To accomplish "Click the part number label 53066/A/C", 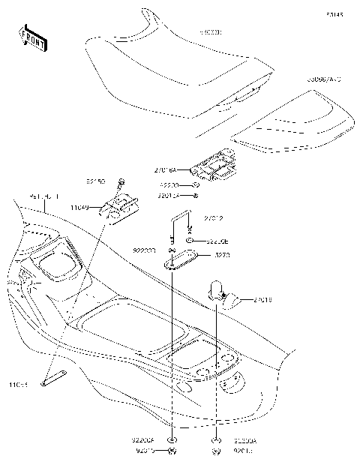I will pos(325,99).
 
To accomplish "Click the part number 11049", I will pos(80,207).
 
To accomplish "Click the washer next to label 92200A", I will pos(217,440).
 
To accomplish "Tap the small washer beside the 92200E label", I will pos(191,241).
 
